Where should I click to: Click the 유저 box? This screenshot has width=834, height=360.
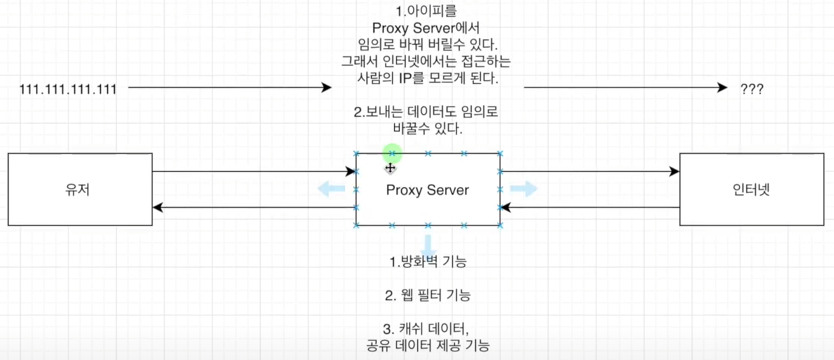click(x=80, y=190)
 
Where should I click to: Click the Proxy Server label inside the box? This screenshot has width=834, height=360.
click(x=428, y=190)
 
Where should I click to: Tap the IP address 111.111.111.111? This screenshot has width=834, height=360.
click(x=68, y=89)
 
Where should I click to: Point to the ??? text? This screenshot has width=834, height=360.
click(x=751, y=89)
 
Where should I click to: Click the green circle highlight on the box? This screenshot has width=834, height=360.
click(x=392, y=153)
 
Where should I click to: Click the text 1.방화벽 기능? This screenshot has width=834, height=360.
click(x=428, y=262)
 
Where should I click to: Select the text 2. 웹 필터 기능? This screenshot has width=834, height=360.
click(x=428, y=296)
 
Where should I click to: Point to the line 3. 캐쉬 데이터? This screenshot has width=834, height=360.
click(x=428, y=329)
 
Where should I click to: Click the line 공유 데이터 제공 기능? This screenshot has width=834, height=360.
click(x=428, y=346)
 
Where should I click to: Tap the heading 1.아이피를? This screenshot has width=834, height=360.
click(x=428, y=12)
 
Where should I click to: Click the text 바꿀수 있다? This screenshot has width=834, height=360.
click(x=428, y=127)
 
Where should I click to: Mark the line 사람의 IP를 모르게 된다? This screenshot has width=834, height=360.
click(x=428, y=78)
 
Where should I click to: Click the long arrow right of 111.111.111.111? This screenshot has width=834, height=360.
click(x=229, y=88)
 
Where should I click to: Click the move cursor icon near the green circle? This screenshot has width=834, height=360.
click(x=390, y=168)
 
